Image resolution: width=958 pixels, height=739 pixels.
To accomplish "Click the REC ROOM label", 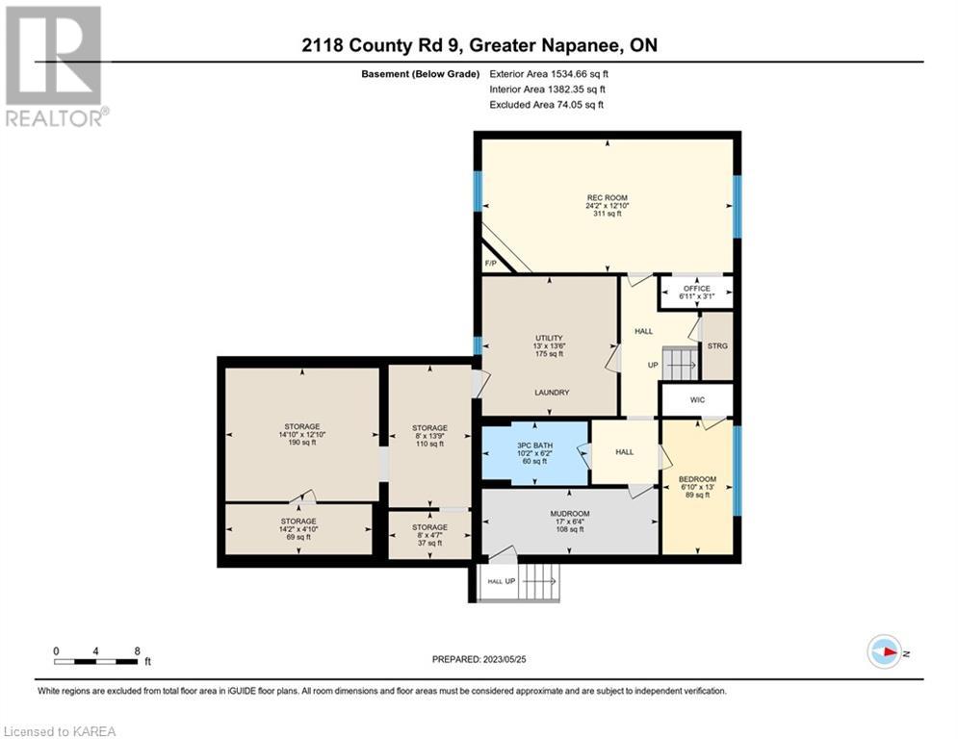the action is point(607,198).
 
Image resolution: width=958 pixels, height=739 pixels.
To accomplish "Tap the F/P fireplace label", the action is point(490,264).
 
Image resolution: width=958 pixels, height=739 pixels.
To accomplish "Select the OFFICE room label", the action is point(696,289).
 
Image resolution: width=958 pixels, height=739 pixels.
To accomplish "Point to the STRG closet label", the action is point(717,345).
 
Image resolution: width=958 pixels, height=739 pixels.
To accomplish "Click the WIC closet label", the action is point(697,400).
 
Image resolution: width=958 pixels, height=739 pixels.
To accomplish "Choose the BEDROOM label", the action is point(697,479).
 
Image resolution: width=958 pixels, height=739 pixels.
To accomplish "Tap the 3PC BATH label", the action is point(534,446).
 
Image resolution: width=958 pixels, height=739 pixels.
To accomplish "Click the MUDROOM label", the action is point(569,514).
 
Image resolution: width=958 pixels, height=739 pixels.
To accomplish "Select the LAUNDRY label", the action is point(552,393).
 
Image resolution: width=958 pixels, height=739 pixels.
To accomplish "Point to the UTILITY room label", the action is point(549,338).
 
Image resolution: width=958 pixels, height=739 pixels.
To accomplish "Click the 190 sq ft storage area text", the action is point(301,443).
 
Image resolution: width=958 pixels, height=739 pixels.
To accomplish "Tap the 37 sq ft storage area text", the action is point(429,543).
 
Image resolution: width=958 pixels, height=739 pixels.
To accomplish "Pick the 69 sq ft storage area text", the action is point(298,538).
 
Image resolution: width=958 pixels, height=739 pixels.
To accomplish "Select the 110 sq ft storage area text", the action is point(429,444).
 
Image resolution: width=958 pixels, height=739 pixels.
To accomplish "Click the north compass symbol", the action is point(885,652).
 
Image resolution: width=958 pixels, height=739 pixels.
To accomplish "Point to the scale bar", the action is point(95,661).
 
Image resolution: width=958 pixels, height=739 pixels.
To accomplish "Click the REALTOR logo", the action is point(54,66).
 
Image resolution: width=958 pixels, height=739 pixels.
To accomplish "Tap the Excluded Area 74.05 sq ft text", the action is point(546,105).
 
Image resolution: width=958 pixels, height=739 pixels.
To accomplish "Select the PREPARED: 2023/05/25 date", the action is point(479,659).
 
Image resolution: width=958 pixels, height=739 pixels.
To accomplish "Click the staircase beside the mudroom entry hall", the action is point(538,582).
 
